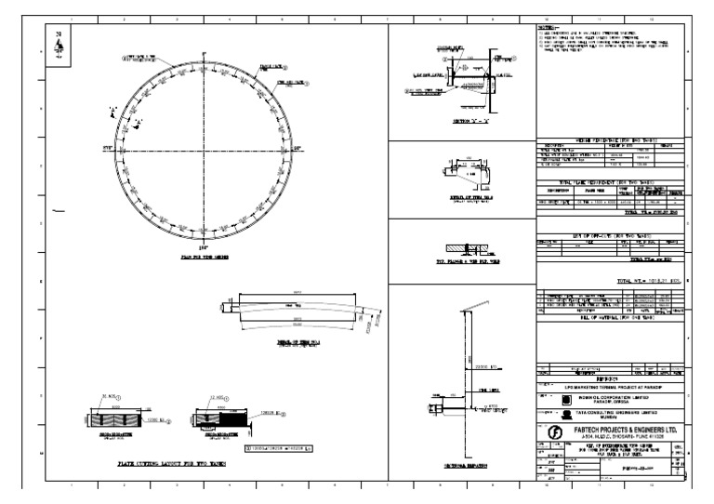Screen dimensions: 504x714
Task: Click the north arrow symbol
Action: tap(60, 47)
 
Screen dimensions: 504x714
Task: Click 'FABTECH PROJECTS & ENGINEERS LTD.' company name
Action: tap(620, 429)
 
